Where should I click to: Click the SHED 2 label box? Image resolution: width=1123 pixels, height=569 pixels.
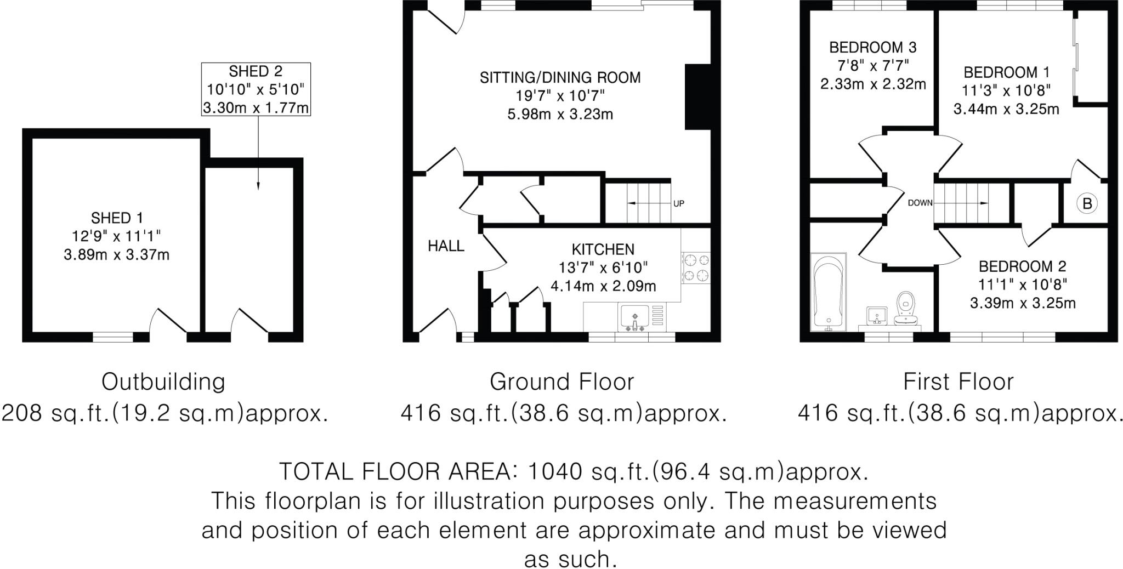tap(256, 89)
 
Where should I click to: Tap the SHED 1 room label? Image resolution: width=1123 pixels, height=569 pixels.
tap(117, 218)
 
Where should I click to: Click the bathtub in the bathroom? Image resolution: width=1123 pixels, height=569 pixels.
tap(829, 292)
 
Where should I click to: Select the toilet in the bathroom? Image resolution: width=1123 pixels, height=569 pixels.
tap(908, 309)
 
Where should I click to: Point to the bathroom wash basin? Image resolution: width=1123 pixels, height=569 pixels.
tap(877, 316)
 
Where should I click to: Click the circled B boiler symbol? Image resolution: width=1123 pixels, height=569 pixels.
tap(1087, 204)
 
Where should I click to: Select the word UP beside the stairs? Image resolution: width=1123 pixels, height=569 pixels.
tap(679, 204)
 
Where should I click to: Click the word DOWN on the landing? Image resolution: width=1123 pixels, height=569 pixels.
tap(920, 203)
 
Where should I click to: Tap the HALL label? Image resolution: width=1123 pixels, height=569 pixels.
tap(446, 246)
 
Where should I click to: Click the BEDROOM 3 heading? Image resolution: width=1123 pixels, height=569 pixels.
tap(872, 47)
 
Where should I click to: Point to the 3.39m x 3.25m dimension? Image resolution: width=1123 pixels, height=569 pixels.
tap(1023, 303)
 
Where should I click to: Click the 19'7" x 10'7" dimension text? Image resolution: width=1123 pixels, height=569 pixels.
tap(559, 96)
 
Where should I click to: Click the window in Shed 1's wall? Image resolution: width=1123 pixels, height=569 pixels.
tap(113, 337)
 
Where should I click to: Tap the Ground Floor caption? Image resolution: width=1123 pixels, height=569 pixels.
tap(561, 382)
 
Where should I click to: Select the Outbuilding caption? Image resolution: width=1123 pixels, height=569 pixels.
tap(163, 382)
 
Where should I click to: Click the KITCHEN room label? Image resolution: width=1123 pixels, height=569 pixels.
tap(603, 249)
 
